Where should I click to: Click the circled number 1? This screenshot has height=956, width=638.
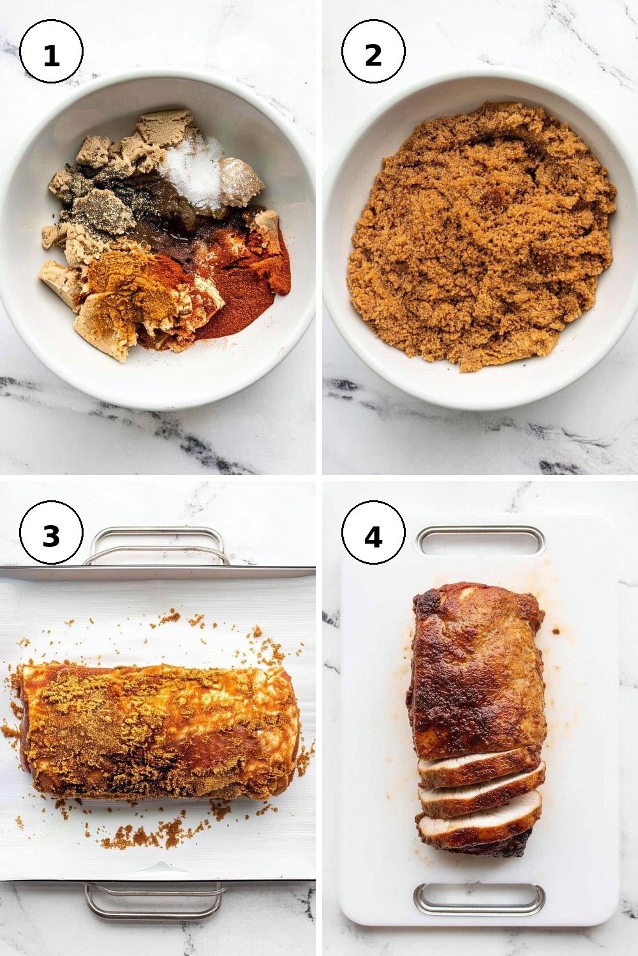[51, 51]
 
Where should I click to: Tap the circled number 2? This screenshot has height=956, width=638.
[373, 51]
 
